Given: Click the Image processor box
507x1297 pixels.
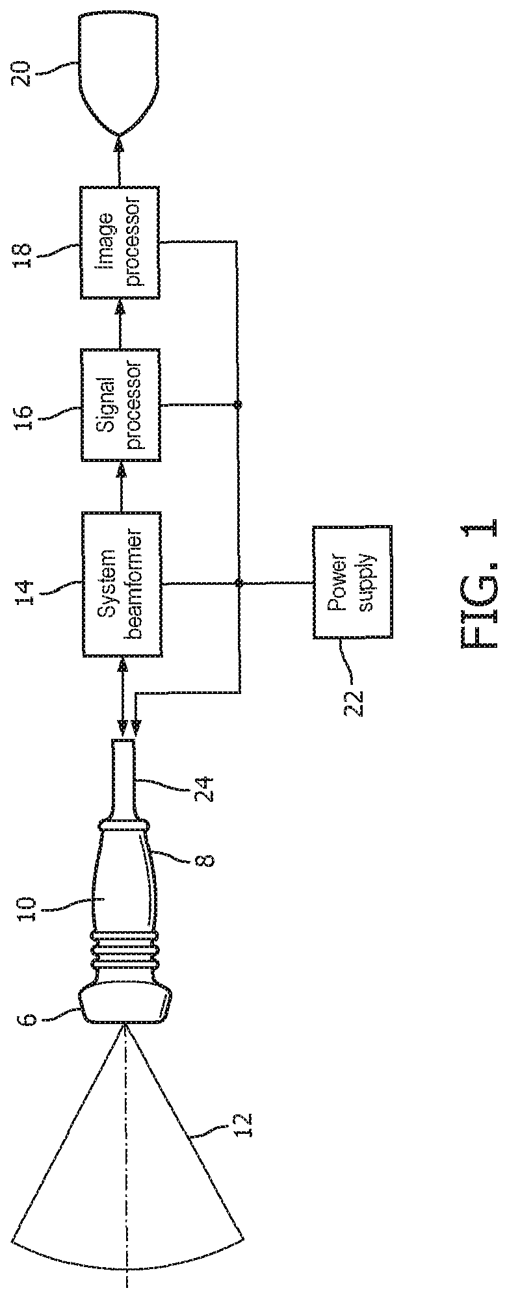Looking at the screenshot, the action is pos(120,242).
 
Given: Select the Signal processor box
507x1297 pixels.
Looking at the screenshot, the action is pos(120,405).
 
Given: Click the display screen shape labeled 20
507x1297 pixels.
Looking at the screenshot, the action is pos(120,71).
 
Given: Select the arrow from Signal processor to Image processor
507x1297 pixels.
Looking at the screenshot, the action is pos(120,324).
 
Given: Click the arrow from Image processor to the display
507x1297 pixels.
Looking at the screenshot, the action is pos(120,162).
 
